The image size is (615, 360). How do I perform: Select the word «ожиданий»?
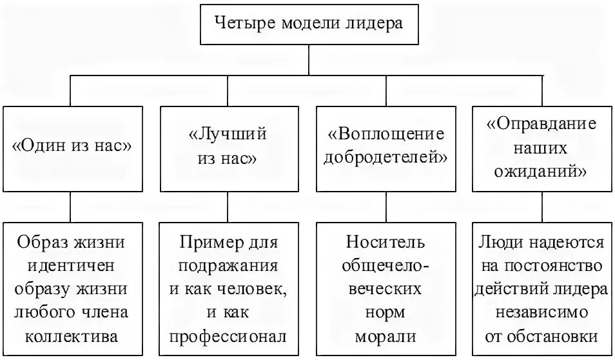[542, 172]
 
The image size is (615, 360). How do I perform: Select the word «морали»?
[386, 336]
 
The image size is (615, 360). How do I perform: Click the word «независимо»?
[542, 312]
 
